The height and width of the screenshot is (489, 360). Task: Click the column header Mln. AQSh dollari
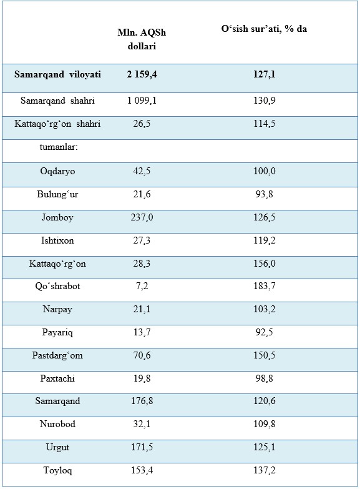point(142,39)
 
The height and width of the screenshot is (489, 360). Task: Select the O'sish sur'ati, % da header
point(264,29)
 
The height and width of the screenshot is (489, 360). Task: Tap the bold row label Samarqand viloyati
point(57,74)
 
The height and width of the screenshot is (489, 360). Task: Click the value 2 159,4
point(142,74)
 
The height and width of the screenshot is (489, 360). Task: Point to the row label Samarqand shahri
point(57,101)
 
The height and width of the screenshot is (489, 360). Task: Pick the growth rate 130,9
point(265,101)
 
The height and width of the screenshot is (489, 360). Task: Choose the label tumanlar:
point(59,147)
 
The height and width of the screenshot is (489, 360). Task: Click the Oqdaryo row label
point(57,171)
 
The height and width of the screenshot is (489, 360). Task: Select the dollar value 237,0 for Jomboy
point(142,217)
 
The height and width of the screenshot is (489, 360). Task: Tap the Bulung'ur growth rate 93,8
point(265,194)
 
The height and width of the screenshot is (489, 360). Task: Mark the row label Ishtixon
point(57,240)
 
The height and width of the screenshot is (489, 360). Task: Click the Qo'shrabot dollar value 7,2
point(142,286)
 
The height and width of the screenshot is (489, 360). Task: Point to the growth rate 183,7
point(265,286)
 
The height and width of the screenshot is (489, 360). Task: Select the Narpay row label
point(57,309)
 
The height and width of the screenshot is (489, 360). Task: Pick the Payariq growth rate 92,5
point(265,332)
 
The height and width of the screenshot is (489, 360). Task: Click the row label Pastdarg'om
point(57,355)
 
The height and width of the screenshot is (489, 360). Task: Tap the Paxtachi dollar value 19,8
point(142,378)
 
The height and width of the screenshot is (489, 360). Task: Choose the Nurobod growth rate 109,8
point(265,424)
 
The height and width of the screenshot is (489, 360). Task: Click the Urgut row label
point(57,447)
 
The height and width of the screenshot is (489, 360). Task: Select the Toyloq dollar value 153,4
point(142,470)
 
